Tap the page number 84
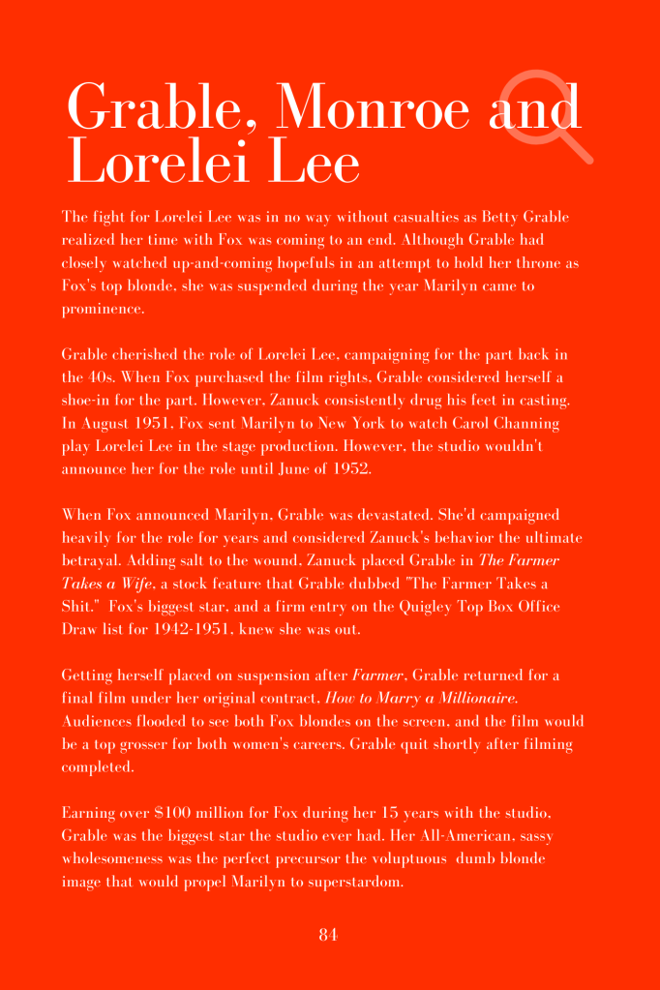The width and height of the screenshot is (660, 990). point(328,934)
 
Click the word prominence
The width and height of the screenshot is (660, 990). point(103,309)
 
